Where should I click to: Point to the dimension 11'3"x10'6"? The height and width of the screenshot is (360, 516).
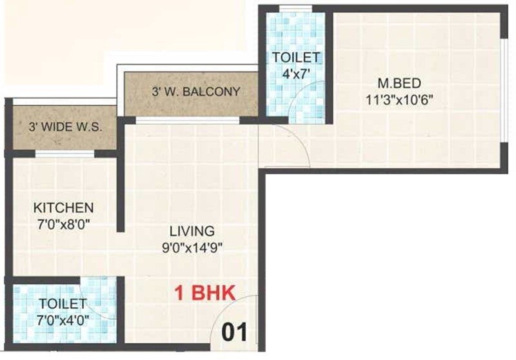point(391,100)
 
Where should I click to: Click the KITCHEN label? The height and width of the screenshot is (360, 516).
point(64,208)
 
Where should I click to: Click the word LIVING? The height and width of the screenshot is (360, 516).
point(192,231)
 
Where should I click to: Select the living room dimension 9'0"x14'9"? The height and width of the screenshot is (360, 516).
point(192,246)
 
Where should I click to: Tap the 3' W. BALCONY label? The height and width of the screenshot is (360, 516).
point(196,92)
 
